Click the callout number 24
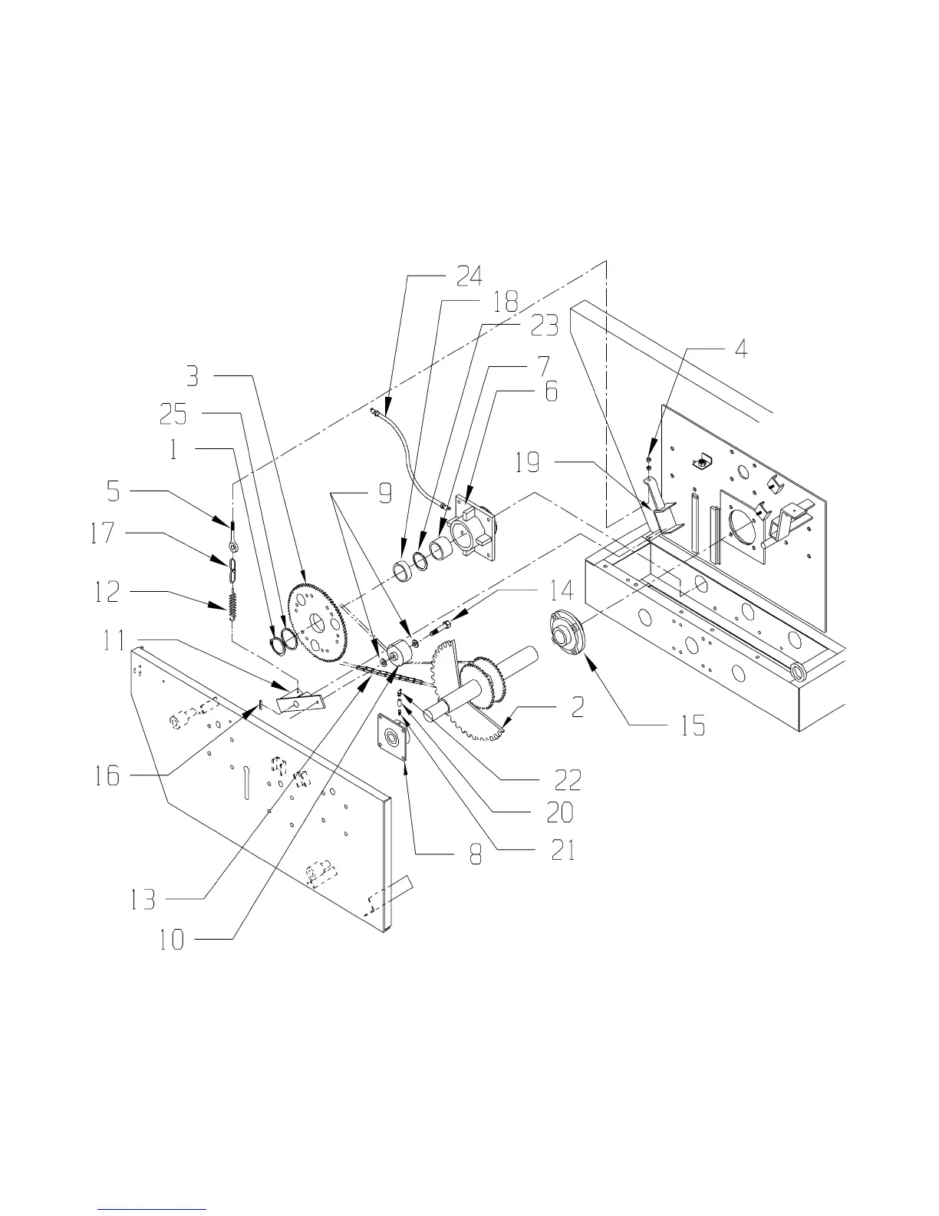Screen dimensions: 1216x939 point(470,276)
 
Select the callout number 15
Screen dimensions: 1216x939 point(693,726)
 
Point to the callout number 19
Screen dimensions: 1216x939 point(528,463)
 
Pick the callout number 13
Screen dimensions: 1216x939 point(143,899)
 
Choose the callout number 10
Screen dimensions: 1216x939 point(172,940)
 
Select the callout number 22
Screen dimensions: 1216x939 point(568,780)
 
